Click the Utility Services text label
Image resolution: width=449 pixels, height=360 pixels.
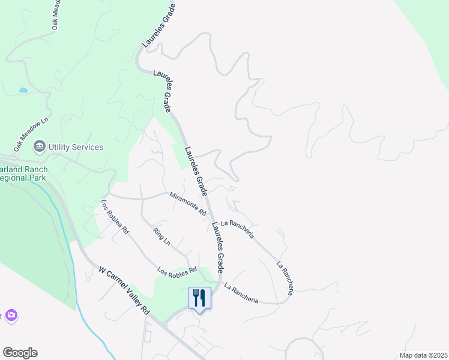click(x=76, y=147)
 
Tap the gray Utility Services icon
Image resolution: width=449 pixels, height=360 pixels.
click(x=40, y=146)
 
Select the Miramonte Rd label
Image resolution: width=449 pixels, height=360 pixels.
click(x=188, y=204)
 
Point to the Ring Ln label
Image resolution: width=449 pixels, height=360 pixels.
click(x=162, y=238)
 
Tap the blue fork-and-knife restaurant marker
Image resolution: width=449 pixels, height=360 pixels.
click(x=200, y=298)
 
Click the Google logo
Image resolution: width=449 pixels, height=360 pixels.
click(x=20, y=353)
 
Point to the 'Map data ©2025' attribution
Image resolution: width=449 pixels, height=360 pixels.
click(x=423, y=355)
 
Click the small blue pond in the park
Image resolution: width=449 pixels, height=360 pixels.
click(x=23, y=90)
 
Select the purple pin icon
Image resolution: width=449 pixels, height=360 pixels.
click(x=11, y=316)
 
